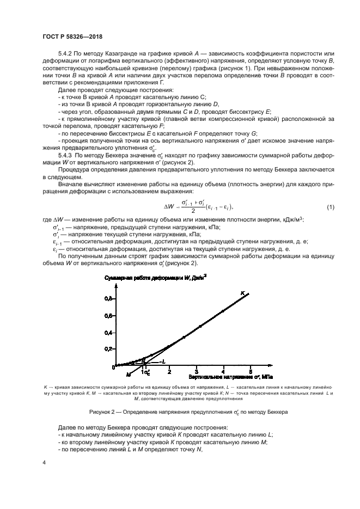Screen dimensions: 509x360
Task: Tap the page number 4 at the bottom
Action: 45,462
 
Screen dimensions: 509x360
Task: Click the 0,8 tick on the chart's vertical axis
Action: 109,298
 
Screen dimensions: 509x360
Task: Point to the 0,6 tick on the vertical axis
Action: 109,315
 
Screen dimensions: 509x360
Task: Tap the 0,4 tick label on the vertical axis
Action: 109,332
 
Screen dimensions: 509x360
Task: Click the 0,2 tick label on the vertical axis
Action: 109,349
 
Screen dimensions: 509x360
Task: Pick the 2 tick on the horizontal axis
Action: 169,371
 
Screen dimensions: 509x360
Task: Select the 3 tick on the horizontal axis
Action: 197,371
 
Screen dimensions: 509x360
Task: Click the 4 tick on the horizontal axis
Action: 223,371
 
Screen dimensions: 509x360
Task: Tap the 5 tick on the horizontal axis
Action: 251,371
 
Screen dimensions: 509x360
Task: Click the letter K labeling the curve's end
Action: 243,293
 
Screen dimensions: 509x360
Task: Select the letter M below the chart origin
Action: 129,375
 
